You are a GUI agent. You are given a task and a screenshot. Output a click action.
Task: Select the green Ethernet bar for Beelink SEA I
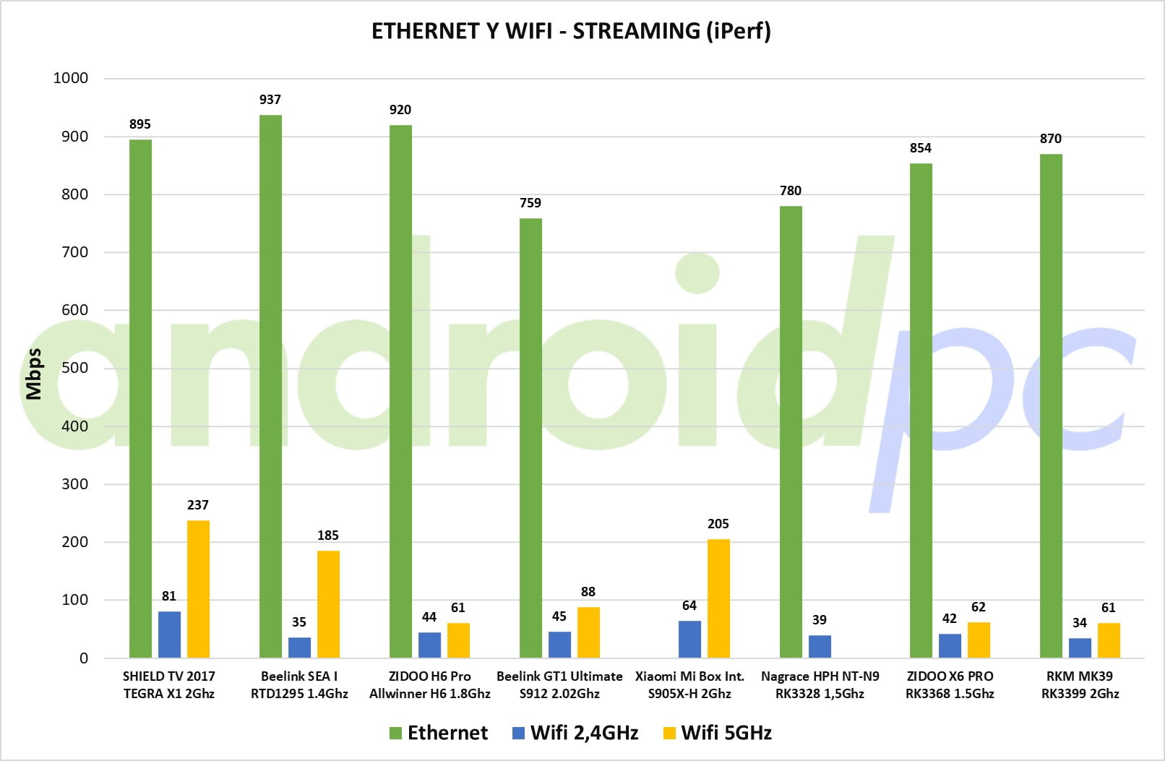(x=270, y=387)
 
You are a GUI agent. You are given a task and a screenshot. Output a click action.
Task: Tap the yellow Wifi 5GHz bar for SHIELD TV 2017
(x=198, y=589)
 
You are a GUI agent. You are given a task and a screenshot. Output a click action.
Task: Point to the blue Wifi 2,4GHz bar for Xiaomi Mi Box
(x=689, y=640)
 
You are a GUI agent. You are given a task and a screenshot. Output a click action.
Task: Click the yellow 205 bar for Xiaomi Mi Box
(x=718, y=598)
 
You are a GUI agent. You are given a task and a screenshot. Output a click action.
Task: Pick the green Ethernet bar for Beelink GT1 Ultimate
(x=530, y=438)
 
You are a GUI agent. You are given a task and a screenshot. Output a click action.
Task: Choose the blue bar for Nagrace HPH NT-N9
(x=820, y=647)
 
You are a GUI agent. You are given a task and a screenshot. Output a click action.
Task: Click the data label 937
(x=270, y=99)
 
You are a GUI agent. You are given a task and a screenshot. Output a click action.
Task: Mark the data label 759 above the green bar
(x=530, y=203)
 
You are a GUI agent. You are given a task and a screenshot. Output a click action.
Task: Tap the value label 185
(x=328, y=536)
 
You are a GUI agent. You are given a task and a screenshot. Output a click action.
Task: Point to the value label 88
(x=588, y=591)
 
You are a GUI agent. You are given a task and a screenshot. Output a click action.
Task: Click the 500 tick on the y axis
(x=75, y=368)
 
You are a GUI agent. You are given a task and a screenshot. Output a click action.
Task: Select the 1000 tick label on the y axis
(x=71, y=78)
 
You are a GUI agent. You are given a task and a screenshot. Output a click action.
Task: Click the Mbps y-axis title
(x=34, y=374)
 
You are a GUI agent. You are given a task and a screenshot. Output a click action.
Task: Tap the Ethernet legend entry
(x=439, y=733)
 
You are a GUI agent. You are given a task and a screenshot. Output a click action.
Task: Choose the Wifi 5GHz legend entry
(x=717, y=733)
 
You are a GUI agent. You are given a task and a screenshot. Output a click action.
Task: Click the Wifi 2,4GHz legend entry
(x=575, y=733)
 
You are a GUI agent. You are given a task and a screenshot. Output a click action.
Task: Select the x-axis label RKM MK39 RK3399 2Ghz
(x=1080, y=684)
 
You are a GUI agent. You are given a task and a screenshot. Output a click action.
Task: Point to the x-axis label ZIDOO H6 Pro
(x=429, y=676)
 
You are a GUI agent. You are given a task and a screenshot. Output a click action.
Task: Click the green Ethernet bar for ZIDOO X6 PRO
(x=921, y=411)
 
